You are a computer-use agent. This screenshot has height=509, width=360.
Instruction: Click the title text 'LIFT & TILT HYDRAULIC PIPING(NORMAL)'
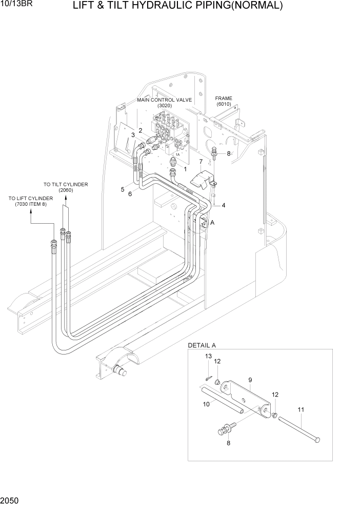click(x=177, y=6)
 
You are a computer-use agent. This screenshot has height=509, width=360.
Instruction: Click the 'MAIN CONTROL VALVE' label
click(x=164, y=100)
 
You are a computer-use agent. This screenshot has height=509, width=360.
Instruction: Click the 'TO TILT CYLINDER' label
click(x=66, y=184)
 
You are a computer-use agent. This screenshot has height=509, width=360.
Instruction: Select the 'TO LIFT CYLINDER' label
click(x=30, y=198)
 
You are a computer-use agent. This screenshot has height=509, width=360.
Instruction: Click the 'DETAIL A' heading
click(x=202, y=345)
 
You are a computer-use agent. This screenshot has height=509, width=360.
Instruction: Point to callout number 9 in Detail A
click(x=250, y=380)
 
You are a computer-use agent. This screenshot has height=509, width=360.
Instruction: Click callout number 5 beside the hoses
click(x=123, y=189)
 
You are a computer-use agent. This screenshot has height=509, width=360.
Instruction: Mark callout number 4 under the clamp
click(x=223, y=206)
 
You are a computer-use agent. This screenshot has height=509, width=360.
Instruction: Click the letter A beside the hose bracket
click(x=212, y=222)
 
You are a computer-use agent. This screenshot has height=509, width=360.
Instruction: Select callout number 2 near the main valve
click(x=140, y=130)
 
